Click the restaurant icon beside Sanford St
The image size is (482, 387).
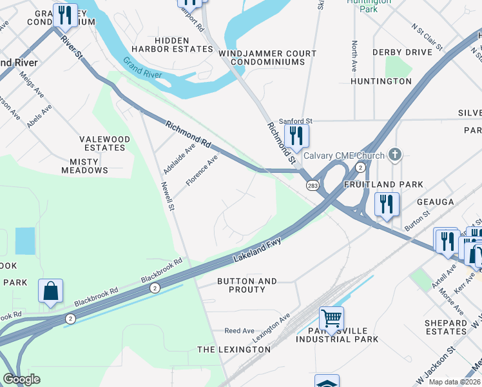click(296, 135)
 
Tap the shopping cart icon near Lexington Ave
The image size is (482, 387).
click(331, 317)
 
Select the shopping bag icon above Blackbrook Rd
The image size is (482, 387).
click(51, 291)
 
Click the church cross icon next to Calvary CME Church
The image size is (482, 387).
click(396, 155)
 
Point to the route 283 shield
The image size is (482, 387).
click(313, 186)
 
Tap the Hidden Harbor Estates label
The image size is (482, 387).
click(172, 45)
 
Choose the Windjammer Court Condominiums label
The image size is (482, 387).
click(267, 57)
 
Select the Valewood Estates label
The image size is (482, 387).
click(104, 143)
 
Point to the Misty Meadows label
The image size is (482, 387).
click(84, 166)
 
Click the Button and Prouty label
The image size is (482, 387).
click(247, 285)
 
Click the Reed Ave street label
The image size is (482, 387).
click(239, 331)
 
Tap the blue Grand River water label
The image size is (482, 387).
click(143, 66)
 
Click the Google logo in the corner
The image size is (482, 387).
click(21, 379)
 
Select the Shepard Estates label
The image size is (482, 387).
click(445, 327)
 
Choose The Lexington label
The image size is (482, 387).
click(233, 349)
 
